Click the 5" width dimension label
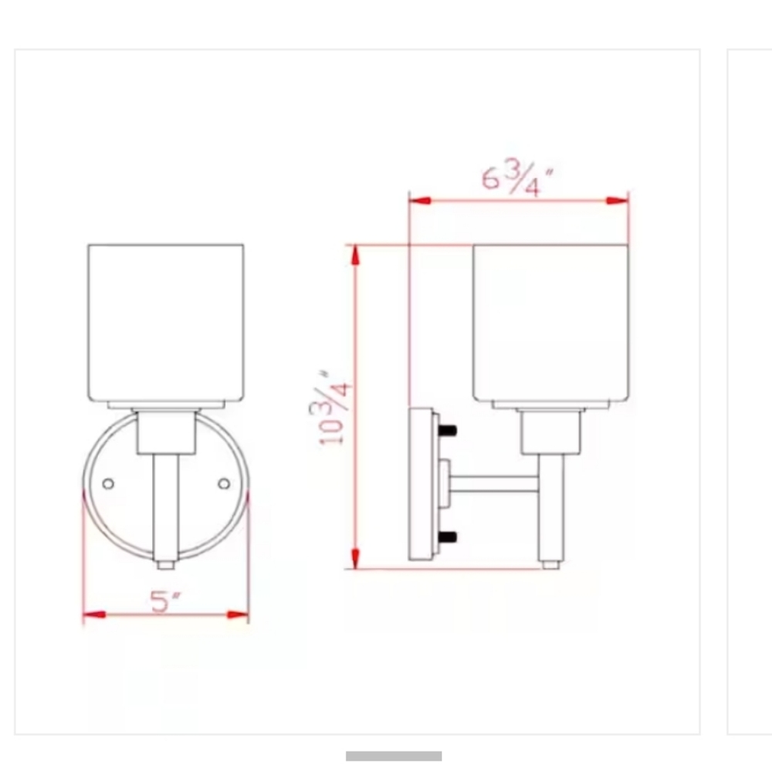165,601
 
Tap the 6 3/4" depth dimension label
517,179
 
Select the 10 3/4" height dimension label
331,408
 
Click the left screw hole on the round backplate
108,484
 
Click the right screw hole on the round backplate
224,484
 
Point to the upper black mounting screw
447,431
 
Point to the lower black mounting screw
447,537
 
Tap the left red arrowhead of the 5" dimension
94,615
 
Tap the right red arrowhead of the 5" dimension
238,615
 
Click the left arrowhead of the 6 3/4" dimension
420,201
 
